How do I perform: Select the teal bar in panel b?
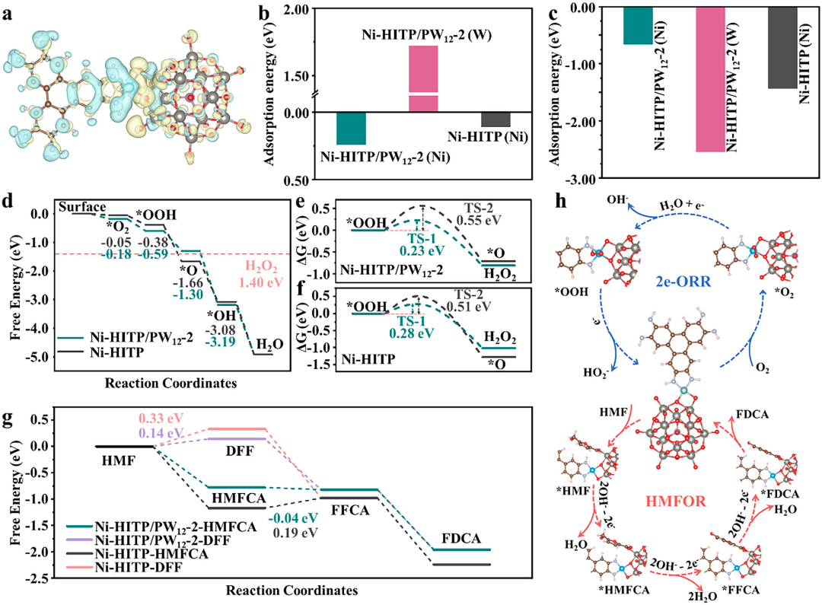tap(351, 129)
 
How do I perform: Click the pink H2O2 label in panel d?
tap(234, 267)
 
